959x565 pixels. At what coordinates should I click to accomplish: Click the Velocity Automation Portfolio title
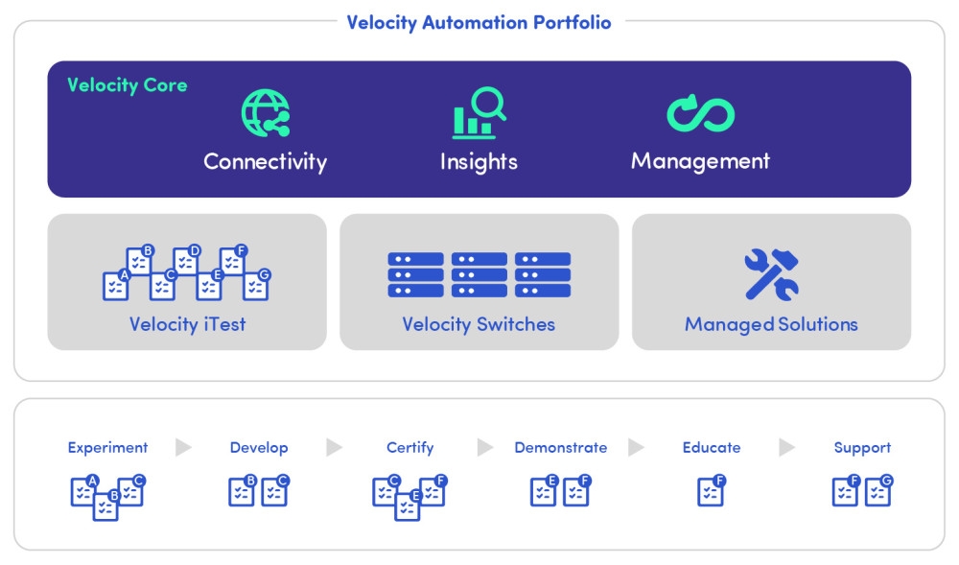pyautogui.click(x=479, y=22)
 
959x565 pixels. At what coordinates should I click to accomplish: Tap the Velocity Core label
pyautogui.click(x=127, y=85)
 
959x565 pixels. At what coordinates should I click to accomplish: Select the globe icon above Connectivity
pyautogui.click(x=266, y=113)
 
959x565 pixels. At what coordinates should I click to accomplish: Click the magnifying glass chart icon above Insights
pyautogui.click(x=479, y=113)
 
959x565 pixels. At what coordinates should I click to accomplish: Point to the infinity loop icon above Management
pyautogui.click(x=700, y=113)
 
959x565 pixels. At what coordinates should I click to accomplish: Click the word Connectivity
pyautogui.click(x=265, y=161)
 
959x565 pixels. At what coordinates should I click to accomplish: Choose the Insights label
pyautogui.click(x=479, y=161)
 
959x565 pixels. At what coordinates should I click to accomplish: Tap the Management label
pyautogui.click(x=700, y=160)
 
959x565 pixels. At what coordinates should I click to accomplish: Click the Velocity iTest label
pyautogui.click(x=187, y=324)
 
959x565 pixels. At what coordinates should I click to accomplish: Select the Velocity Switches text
pyautogui.click(x=479, y=324)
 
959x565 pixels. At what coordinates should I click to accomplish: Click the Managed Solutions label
pyautogui.click(x=771, y=324)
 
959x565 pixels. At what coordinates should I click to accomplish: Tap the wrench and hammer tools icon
pyautogui.click(x=771, y=274)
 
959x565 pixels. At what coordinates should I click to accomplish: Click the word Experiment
pyautogui.click(x=107, y=447)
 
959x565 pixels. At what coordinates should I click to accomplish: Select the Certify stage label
pyautogui.click(x=409, y=447)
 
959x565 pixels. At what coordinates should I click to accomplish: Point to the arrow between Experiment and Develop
pyautogui.click(x=183, y=447)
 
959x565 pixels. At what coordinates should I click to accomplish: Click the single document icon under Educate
pyautogui.click(x=711, y=492)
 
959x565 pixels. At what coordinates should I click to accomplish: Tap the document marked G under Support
pyautogui.click(x=878, y=491)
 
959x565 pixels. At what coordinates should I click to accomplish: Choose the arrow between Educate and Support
pyautogui.click(x=786, y=447)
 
